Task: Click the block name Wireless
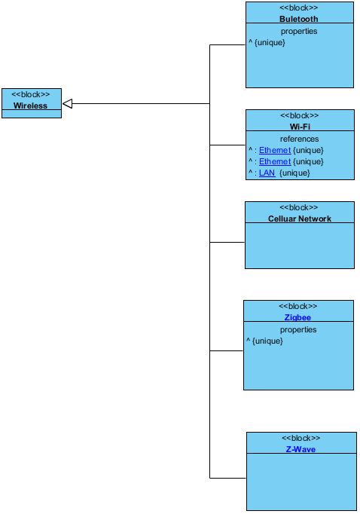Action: point(30,106)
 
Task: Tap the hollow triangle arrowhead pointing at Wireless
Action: point(67,103)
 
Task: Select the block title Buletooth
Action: point(299,19)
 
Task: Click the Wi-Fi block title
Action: point(300,127)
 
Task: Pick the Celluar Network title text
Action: point(300,219)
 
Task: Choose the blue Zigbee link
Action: point(297,317)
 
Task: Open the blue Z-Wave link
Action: point(301,449)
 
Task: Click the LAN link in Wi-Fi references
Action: point(267,173)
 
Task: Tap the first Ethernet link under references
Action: point(275,150)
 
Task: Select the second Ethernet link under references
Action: point(275,161)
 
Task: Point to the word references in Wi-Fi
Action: point(300,139)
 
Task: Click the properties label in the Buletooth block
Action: point(299,31)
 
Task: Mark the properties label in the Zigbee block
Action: point(298,329)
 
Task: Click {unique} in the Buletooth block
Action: point(270,43)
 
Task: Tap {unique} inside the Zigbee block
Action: point(267,341)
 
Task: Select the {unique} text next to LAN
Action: point(294,173)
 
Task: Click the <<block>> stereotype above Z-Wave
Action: point(301,438)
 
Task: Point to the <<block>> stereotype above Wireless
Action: point(30,94)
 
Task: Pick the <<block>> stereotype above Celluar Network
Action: point(299,207)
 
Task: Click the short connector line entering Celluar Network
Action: point(227,242)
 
